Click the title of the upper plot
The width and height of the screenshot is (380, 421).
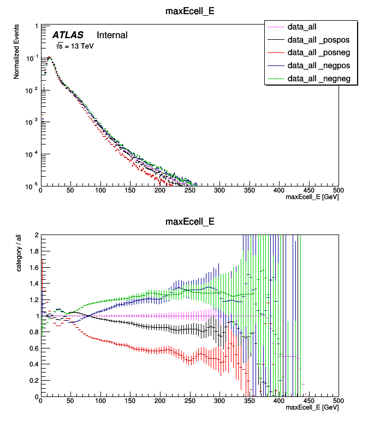pyautogui.click(x=189, y=10)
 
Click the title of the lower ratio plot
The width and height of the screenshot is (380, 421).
pyautogui.click(x=189, y=221)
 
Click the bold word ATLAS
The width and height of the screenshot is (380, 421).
pyautogui.click(x=68, y=35)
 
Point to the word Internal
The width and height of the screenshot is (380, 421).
pyautogui.click(x=112, y=35)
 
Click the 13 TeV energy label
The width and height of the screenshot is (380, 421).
pyautogui.click(x=74, y=46)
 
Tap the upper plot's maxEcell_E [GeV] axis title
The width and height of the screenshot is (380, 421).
pyautogui.click(x=312, y=197)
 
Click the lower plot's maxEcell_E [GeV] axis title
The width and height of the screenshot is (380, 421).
pyautogui.click(x=312, y=407)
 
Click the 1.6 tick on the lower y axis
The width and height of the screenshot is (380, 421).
pyautogui.click(x=33, y=268)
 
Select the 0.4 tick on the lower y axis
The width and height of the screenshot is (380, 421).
pyautogui.click(x=33, y=364)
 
